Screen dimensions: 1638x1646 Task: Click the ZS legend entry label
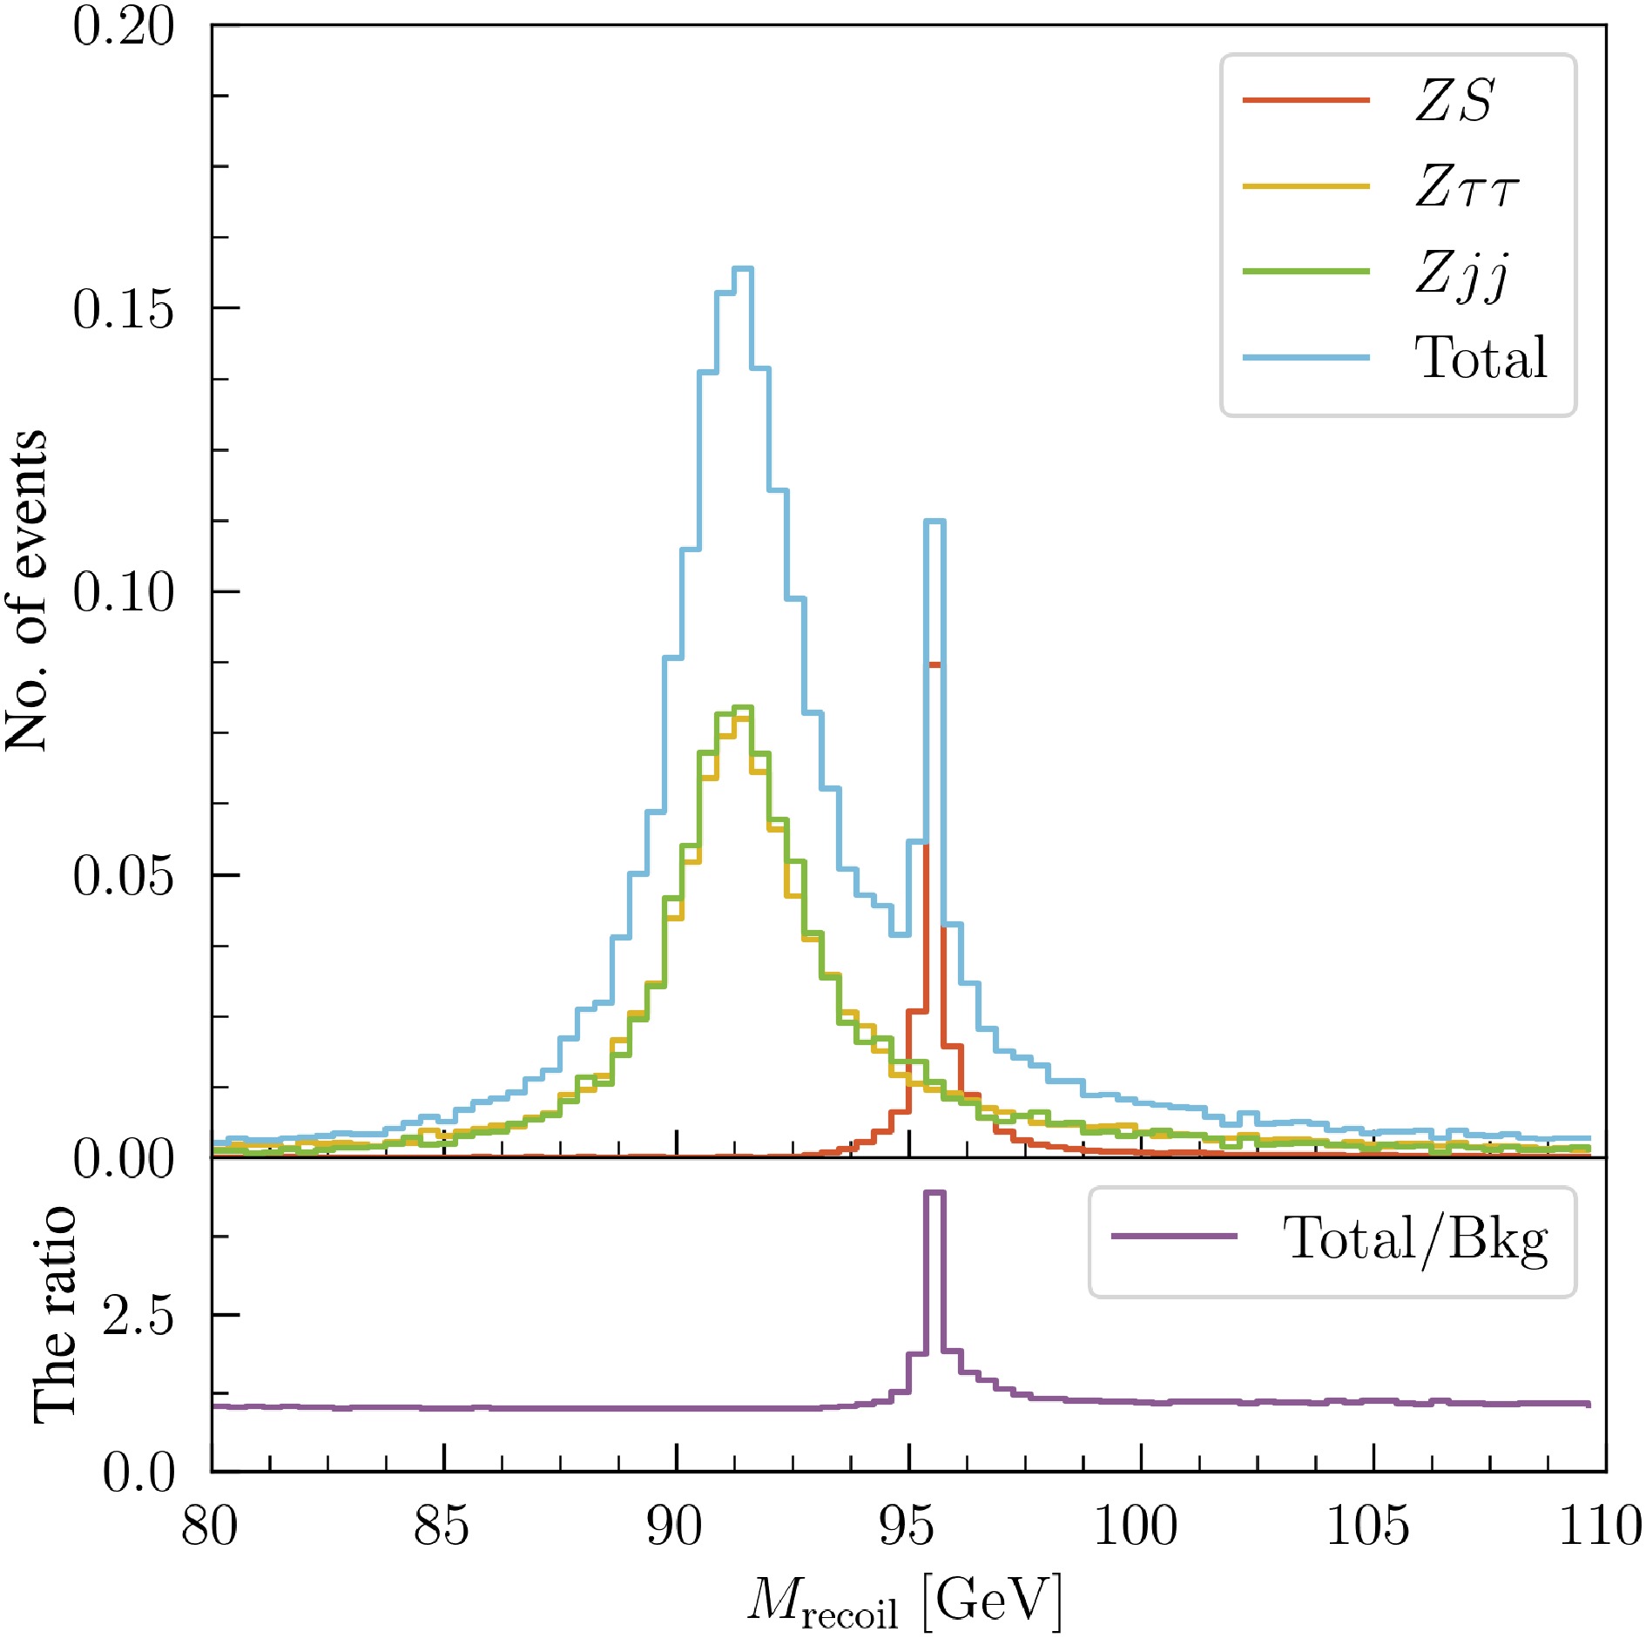(1454, 100)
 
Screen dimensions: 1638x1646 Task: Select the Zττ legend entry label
(1467, 185)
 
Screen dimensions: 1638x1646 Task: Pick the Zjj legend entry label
(1461, 273)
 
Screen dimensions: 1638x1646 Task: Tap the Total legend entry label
(1481, 357)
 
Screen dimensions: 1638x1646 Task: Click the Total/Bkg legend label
(1415, 1238)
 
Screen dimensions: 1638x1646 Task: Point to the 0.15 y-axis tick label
(124, 308)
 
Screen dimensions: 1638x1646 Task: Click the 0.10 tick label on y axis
(124, 592)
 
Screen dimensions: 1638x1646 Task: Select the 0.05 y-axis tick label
(124, 875)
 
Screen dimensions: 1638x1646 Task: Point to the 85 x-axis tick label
(442, 1527)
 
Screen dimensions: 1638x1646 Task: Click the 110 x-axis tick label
(1600, 1527)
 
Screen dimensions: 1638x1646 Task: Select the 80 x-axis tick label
(210, 1527)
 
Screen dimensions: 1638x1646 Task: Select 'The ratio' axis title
(54, 1315)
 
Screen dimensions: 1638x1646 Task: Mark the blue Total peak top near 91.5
(743, 268)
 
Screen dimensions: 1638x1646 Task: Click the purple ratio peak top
(934, 1192)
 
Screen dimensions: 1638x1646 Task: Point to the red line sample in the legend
(1305, 100)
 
